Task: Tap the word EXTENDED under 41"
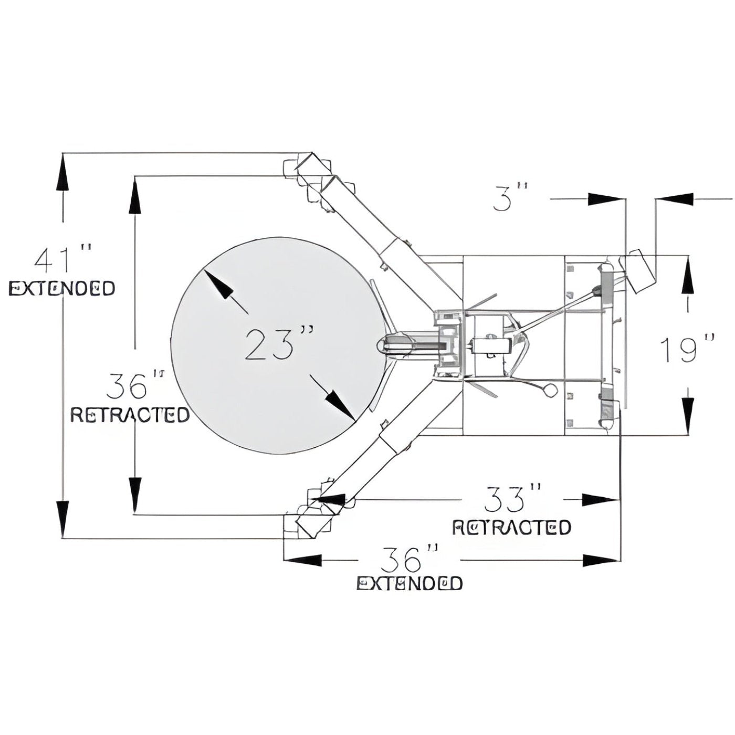click(x=62, y=288)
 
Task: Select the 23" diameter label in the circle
click(x=279, y=344)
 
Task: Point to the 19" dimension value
click(x=687, y=350)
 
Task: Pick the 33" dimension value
click(x=512, y=499)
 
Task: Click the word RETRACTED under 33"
click(x=511, y=527)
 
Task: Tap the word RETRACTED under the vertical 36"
click(x=130, y=415)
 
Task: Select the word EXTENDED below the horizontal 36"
click(x=409, y=583)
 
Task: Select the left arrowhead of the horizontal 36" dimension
click(x=302, y=560)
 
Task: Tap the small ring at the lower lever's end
click(x=550, y=390)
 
